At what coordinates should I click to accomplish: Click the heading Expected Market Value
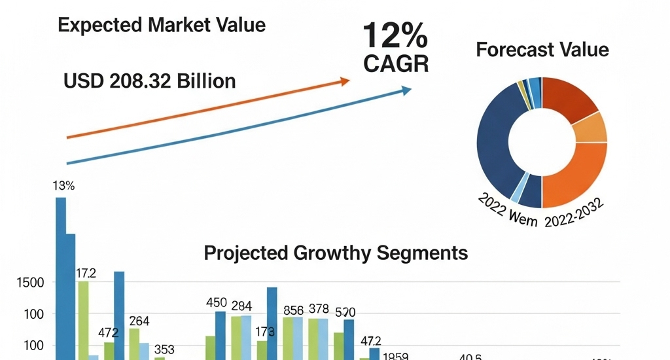[162, 26]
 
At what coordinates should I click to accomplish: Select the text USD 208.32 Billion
[150, 81]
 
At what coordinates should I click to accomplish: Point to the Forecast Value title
[542, 50]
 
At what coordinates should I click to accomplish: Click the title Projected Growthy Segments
[336, 253]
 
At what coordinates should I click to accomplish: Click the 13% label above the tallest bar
[63, 186]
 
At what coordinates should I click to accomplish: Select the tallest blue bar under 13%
[61, 275]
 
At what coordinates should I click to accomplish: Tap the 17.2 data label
[86, 274]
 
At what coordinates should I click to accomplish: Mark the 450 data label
[216, 303]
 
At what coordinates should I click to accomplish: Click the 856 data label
[293, 310]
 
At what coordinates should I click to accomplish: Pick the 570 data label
[345, 312]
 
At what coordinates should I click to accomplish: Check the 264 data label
[139, 321]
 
